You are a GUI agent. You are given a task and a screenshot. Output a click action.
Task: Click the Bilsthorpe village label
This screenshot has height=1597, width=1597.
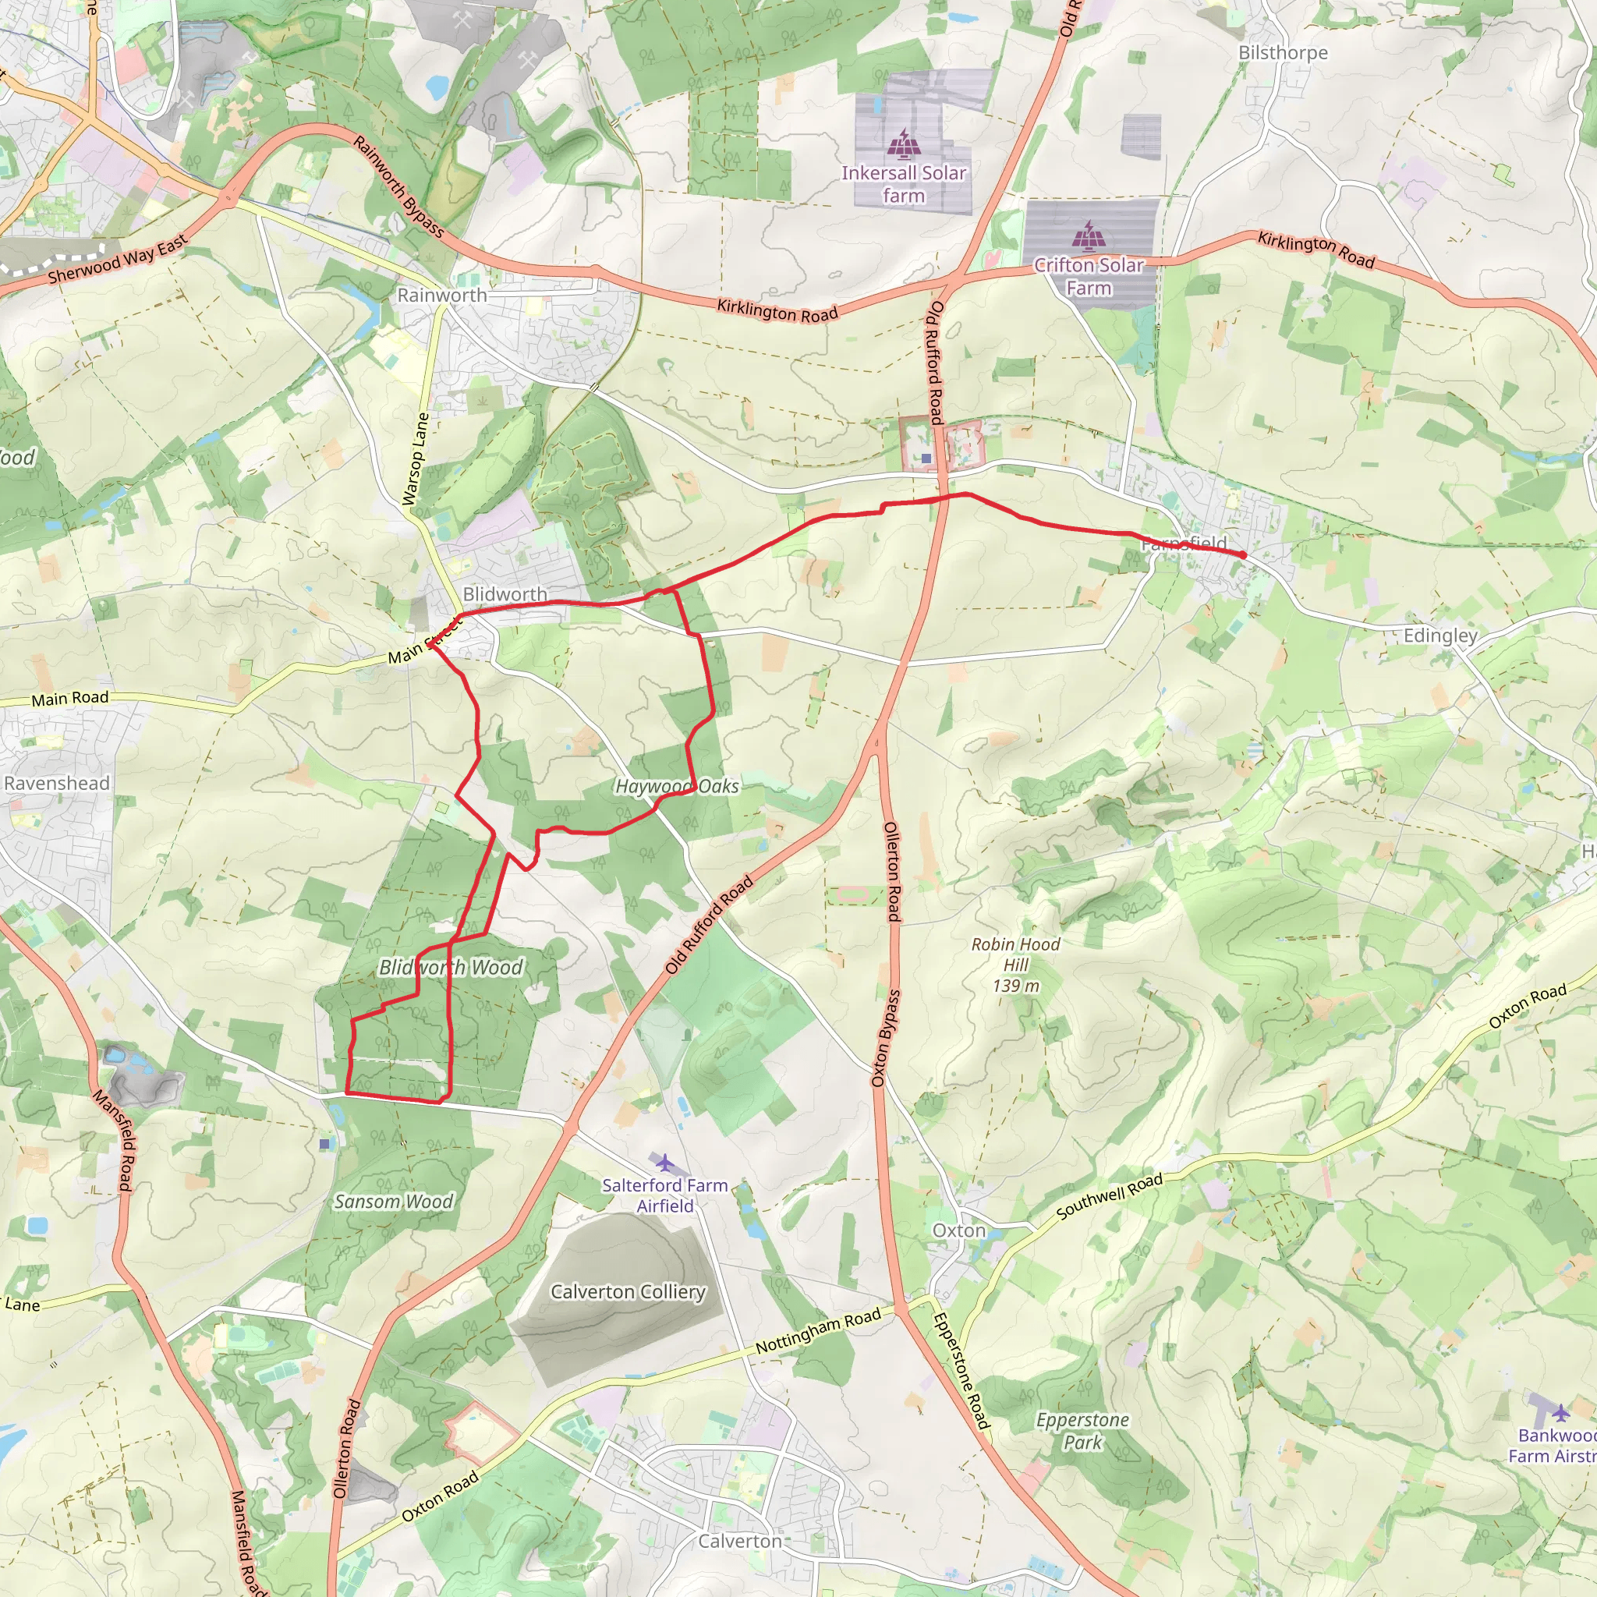pyautogui.click(x=1283, y=53)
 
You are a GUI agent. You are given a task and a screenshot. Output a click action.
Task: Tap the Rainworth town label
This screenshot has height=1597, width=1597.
pyautogui.click(x=442, y=295)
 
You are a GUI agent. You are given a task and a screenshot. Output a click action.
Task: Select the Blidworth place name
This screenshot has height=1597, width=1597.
pyautogui.click(x=505, y=594)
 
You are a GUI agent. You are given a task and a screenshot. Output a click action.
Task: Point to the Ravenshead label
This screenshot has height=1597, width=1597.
pyautogui.click(x=56, y=783)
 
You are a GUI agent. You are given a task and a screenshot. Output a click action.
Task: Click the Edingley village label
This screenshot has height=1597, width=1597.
pyautogui.click(x=1440, y=636)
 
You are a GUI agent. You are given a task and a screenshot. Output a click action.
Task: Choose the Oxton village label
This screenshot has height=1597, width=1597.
pyautogui.click(x=959, y=1230)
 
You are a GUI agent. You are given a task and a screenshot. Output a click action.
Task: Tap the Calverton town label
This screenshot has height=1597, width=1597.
pyautogui.click(x=740, y=1541)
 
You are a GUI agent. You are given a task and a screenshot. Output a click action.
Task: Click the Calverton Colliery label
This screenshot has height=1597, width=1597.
pyautogui.click(x=629, y=1291)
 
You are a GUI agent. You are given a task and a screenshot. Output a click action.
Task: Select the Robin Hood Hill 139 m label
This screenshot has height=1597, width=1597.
pyautogui.click(x=1016, y=965)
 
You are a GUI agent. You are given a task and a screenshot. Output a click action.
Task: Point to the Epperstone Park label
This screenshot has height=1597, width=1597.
pyautogui.click(x=1083, y=1431)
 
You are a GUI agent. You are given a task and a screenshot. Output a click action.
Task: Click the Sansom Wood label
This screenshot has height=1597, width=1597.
pyautogui.click(x=394, y=1201)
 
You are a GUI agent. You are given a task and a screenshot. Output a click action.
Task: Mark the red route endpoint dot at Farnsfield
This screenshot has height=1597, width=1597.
pyautogui.click(x=1242, y=554)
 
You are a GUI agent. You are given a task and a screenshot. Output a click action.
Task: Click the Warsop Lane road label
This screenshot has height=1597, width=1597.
pyautogui.click(x=416, y=459)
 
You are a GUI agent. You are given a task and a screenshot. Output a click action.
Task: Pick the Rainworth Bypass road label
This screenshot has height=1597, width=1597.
pyautogui.click(x=398, y=187)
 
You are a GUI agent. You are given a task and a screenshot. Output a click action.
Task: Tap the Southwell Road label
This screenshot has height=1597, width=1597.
pyautogui.click(x=1110, y=1196)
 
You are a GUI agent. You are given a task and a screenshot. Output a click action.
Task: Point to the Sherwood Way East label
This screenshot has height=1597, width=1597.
pyautogui.click(x=119, y=260)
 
